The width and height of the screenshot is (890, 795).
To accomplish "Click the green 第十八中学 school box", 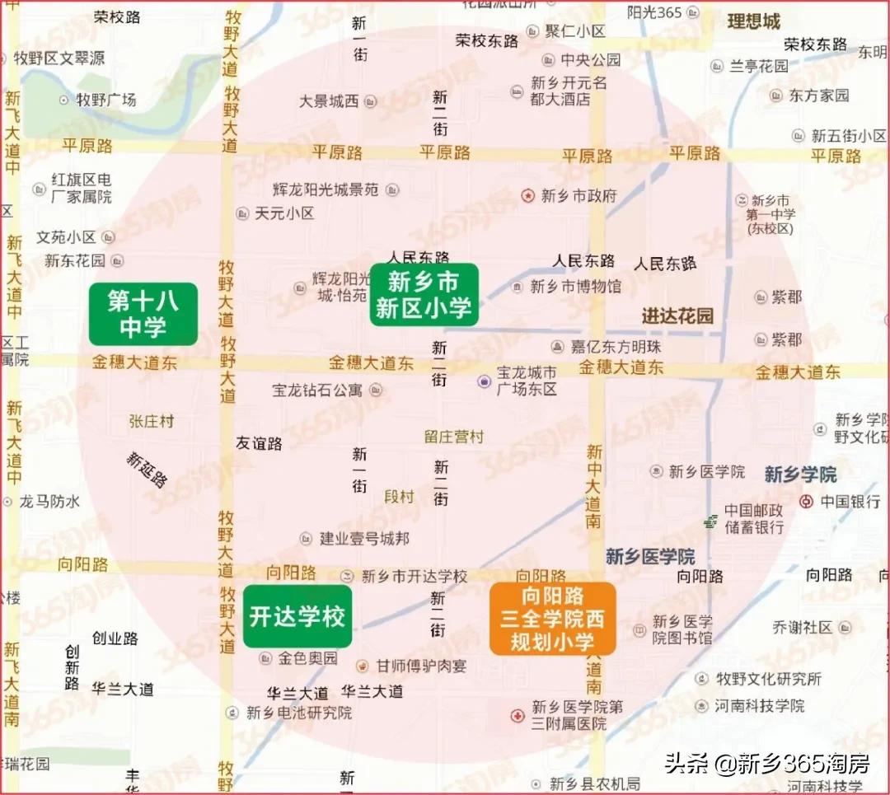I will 143,314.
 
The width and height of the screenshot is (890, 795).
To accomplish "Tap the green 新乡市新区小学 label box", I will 424,295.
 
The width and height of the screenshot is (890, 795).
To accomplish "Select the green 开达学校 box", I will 297,616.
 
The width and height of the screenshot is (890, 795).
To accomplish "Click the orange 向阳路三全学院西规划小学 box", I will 552,619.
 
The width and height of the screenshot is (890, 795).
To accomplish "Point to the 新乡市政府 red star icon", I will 528,196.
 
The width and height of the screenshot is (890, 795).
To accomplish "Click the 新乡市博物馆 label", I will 575,287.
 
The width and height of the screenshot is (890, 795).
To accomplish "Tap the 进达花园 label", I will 677,316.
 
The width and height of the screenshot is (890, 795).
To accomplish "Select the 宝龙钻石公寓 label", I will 317,390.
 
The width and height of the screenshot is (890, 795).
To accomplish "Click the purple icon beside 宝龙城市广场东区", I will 485,381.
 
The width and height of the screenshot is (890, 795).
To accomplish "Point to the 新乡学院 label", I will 800,475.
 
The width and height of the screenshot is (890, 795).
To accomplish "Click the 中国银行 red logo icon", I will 807,501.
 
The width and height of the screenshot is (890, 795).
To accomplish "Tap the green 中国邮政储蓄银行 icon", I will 710,520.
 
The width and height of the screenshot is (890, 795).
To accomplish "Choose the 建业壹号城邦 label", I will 364,539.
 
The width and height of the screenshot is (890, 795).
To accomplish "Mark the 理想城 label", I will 753,21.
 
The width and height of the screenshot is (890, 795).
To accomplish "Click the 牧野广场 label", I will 106,100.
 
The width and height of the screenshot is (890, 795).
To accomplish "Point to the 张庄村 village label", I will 152,421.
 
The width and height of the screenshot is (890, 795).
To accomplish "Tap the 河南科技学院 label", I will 759,706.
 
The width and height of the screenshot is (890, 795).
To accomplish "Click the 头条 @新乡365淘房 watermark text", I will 766,764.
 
